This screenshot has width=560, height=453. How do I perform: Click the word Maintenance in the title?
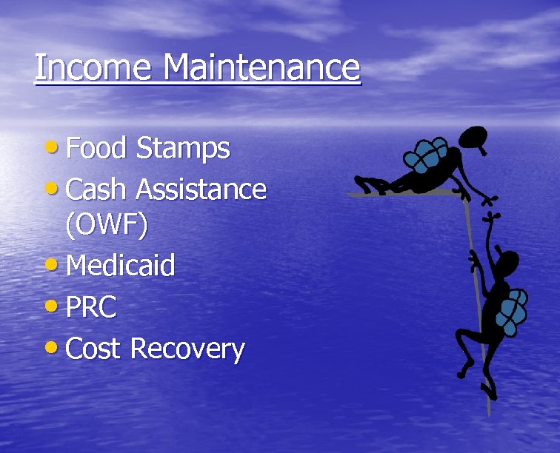pyautogui.click(x=261, y=67)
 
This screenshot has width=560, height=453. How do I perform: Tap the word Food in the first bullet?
pyautogui.click(x=96, y=149)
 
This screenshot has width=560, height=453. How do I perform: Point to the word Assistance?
pyautogui.click(x=201, y=189)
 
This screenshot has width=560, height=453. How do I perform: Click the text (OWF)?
pyautogui.click(x=106, y=225)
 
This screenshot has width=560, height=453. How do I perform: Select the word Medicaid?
pyautogui.click(x=120, y=265)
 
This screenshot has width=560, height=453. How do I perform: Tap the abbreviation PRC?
pyautogui.click(x=91, y=307)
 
